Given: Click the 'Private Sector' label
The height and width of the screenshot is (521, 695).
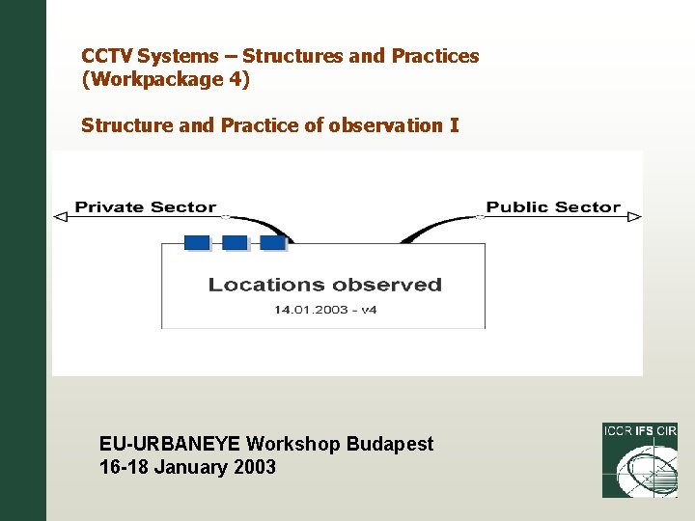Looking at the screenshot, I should [145, 206].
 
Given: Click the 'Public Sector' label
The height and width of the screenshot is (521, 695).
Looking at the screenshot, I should [553, 206].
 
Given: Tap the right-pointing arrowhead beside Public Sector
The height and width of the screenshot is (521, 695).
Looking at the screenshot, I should [634, 218].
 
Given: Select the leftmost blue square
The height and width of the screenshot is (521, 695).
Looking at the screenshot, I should [197, 242].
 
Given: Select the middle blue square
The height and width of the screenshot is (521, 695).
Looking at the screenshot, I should [235, 242].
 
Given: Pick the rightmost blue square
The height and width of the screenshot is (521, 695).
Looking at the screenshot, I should [272, 242].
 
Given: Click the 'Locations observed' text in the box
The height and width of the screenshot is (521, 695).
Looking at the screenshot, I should [324, 285].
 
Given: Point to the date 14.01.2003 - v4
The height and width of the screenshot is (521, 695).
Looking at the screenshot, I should [323, 310].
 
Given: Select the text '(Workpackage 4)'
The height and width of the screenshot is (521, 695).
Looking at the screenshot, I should [165, 80].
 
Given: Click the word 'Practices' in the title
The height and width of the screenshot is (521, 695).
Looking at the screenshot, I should [434, 56].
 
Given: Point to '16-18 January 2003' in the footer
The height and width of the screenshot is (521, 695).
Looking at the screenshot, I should [187, 468].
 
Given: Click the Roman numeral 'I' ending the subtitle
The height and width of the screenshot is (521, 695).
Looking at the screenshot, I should [454, 125].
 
